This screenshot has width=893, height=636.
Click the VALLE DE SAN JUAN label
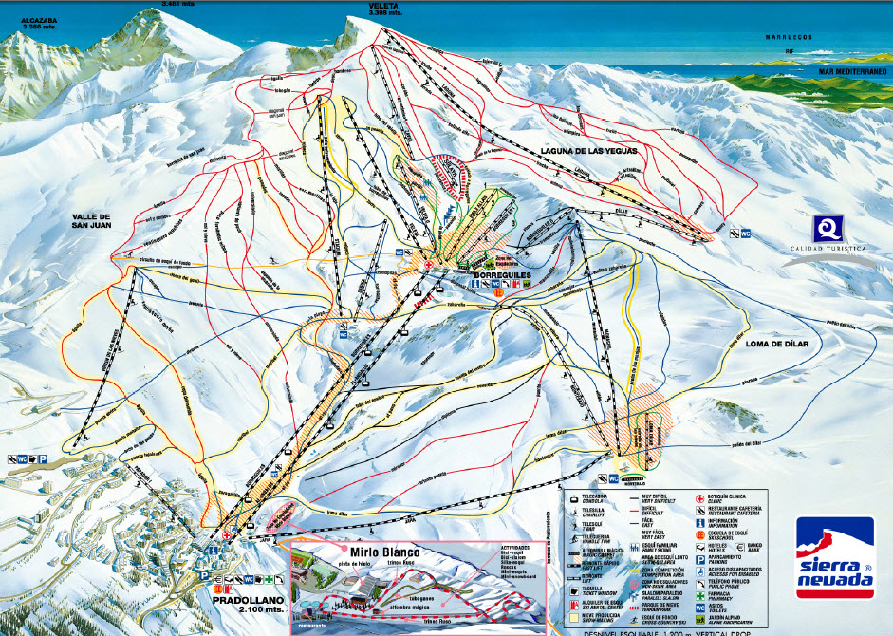click(x=98, y=222)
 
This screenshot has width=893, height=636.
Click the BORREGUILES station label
click(x=499, y=272)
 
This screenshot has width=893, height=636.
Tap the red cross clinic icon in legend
click(x=699, y=498)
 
